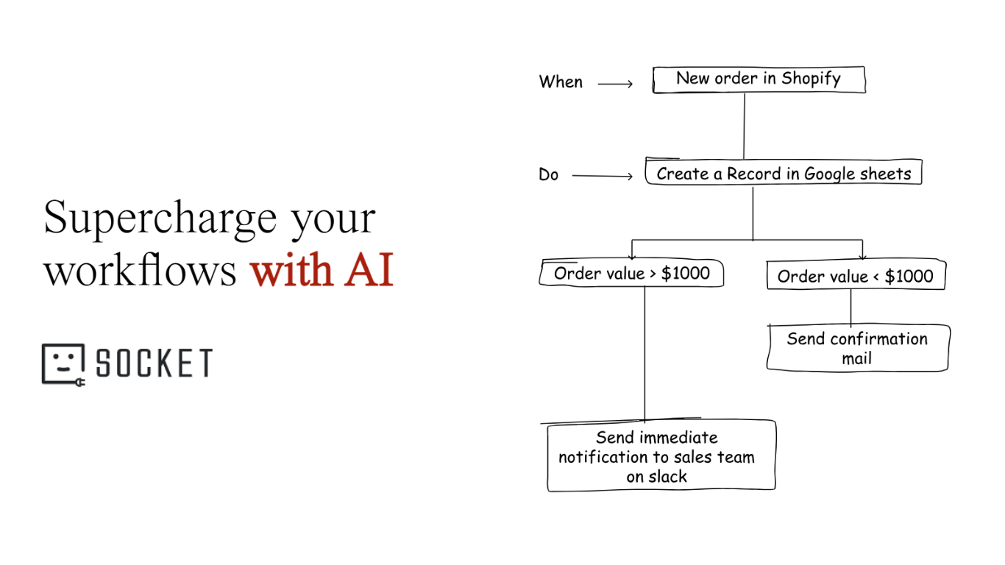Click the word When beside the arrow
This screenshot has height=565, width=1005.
[561, 82]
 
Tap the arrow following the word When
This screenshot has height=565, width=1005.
[615, 85]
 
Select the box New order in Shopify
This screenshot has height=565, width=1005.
[759, 79]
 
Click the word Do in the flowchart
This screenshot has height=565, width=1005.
[549, 175]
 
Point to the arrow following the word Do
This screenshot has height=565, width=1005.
[602, 176]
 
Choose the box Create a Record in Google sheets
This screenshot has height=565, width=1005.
[784, 174]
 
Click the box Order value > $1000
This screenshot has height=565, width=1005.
[631, 274]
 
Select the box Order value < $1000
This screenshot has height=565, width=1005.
[855, 277]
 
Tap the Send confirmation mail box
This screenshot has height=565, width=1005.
[857, 348]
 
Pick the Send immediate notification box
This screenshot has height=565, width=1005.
[660, 456]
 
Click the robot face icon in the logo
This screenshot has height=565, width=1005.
[63, 363]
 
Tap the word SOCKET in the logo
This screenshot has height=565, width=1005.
[155, 363]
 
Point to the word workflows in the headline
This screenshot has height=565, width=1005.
[140, 271]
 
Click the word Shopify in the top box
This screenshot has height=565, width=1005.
[811, 79]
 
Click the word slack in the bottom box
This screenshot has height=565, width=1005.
[669, 477]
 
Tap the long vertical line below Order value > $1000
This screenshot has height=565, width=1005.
[645, 353]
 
